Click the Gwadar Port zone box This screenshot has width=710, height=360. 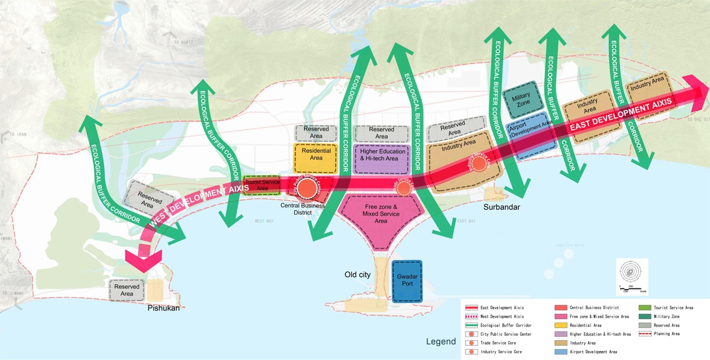tap(407, 281)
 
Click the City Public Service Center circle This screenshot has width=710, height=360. tap(307, 188)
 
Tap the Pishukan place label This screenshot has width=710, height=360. tap(164, 308)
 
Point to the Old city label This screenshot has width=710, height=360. tap(357, 275)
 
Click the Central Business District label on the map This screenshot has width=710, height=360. tap(303, 209)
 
